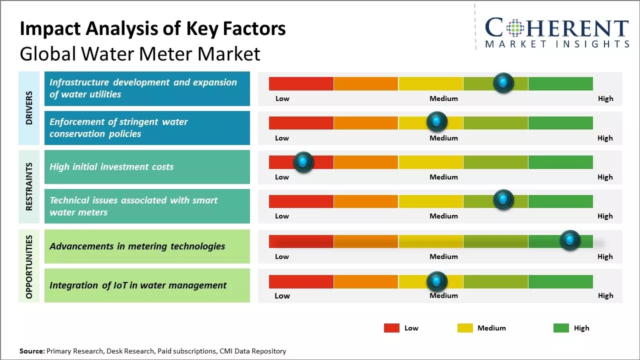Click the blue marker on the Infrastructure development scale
click(x=503, y=83)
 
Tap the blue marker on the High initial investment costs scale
click(x=303, y=162)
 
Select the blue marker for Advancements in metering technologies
click(x=570, y=240)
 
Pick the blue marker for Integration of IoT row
click(x=437, y=281)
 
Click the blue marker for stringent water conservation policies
click(x=437, y=121)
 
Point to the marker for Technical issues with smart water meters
click(x=503, y=200)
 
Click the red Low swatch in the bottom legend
click(x=391, y=328)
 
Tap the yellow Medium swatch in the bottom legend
click(x=465, y=328)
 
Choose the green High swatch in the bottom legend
click(x=561, y=328)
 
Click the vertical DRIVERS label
click(x=29, y=108)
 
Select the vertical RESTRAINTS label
click(x=29, y=186)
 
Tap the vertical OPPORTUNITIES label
click(x=29, y=267)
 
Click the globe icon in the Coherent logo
click(x=515, y=28)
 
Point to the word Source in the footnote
click(x=31, y=351)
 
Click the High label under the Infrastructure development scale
click(x=605, y=98)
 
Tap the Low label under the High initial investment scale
click(x=282, y=177)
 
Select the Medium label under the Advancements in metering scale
click(x=443, y=256)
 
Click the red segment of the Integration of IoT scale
click(x=301, y=281)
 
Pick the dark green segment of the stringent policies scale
click(x=560, y=122)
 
